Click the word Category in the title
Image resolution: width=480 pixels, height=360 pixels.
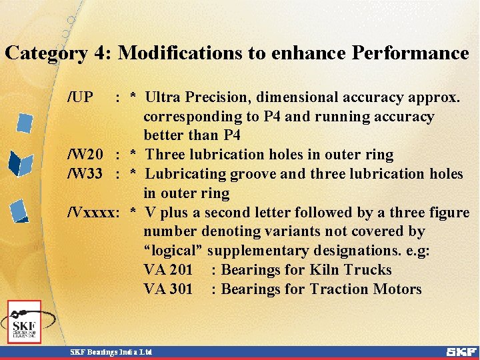click(x=46, y=53)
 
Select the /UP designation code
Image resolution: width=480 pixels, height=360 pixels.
click(x=81, y=97)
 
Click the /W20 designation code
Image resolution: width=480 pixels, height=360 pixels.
click(x=86, y=155)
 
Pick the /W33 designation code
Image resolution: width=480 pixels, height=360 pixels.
click(x=86, y=175)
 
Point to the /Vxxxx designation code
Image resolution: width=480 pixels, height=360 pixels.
click(x=93, y=213)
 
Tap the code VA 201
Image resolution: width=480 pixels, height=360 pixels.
click(x=168, y=270)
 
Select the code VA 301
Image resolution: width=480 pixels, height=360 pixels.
click(x=168, y=289)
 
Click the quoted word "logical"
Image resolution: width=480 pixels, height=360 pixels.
click(x=173, y=251)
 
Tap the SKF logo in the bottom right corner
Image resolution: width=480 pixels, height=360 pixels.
click(x=461, y=351)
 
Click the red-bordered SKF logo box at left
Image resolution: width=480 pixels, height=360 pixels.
click(x=25, y=322)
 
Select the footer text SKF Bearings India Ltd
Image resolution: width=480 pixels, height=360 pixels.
click(x=112, y=351)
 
